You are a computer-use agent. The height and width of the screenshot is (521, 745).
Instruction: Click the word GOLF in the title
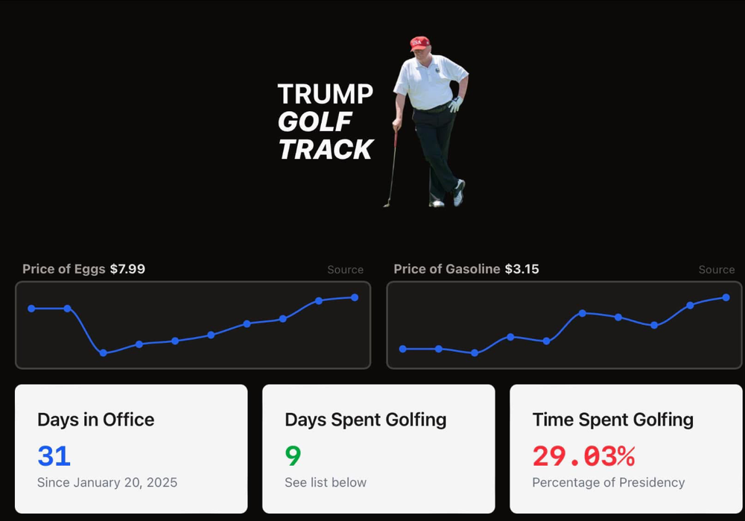pos(315,121)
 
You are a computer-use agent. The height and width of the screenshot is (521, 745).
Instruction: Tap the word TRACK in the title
pos(326,149)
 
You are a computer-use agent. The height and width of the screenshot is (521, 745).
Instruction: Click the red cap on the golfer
pos(419,42)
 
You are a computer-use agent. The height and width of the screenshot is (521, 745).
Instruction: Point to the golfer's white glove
pos(455,104)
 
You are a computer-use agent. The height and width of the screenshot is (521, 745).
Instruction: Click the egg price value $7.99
pos(127,269)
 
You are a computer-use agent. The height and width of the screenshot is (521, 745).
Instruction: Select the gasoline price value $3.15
pos(521,269)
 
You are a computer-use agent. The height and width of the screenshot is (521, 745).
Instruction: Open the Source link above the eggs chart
pos(346,270)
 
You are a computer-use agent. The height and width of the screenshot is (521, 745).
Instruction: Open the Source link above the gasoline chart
pos(717,270)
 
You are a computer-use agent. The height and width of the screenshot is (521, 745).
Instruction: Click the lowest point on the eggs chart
pos(104,353)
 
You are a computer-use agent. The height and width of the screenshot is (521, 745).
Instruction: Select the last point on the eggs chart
pos(355,297)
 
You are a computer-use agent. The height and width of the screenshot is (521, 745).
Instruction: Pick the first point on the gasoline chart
pos(403,349)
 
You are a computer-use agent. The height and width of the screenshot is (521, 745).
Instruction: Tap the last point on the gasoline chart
pos(726,297)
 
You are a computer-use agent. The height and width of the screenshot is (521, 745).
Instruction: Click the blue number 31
pos(54,455)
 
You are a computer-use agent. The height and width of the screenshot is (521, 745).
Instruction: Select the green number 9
pos(293,455)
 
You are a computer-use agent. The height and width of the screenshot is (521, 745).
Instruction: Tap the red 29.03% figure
pos(583,455)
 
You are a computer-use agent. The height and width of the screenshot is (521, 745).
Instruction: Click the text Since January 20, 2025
pos(107,482)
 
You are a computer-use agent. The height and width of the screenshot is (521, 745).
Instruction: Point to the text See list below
pos(326,482)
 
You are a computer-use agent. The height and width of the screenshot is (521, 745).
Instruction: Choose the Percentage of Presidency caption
pos(608,482)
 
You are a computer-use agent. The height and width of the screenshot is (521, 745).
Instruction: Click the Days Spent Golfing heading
pos(365,420)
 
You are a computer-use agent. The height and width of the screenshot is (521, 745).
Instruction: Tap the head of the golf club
pos(387,203)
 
